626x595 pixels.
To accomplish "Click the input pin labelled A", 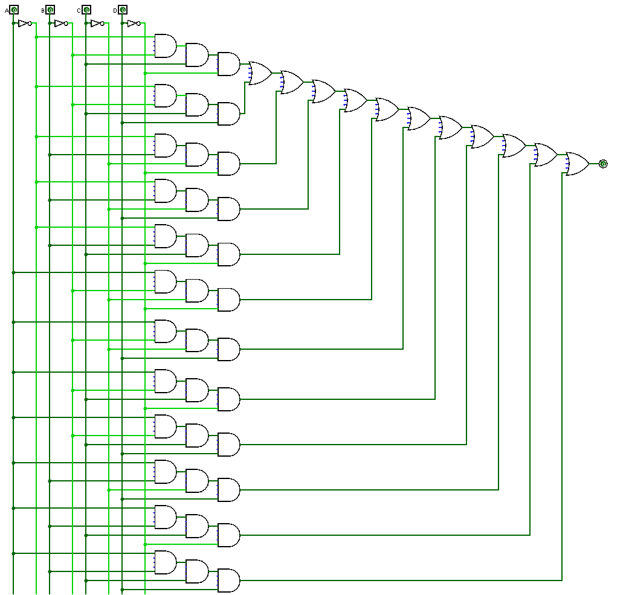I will click(14, 10).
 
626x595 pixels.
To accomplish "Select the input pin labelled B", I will click(50, 10).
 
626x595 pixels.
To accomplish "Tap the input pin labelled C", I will click(86, 10).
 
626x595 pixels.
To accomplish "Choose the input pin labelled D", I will click(123, 10).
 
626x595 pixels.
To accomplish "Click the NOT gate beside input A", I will click(24, 24).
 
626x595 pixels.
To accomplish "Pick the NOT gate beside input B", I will click(60, 24).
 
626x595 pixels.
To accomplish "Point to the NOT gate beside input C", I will click(97, 24).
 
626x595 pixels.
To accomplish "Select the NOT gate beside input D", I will click(133, 24).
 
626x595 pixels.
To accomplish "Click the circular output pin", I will click(602, 164).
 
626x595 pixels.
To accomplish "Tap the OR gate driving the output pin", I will click(577, 164).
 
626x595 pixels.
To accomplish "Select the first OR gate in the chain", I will click(260, 73).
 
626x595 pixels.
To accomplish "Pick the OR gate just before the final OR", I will click(546, 155).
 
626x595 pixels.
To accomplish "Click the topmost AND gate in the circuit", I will click(165, 46).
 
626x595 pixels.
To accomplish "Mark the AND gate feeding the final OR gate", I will click(228, 580).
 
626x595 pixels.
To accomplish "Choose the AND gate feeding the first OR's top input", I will click(228, 64).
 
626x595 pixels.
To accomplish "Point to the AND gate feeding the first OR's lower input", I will click(228, 114).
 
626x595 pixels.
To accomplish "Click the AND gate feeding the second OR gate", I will click(228, 164).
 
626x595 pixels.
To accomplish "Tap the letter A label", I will click(7, 11).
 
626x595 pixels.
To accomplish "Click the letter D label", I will click(115, 11).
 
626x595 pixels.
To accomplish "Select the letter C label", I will click(79, 11).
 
